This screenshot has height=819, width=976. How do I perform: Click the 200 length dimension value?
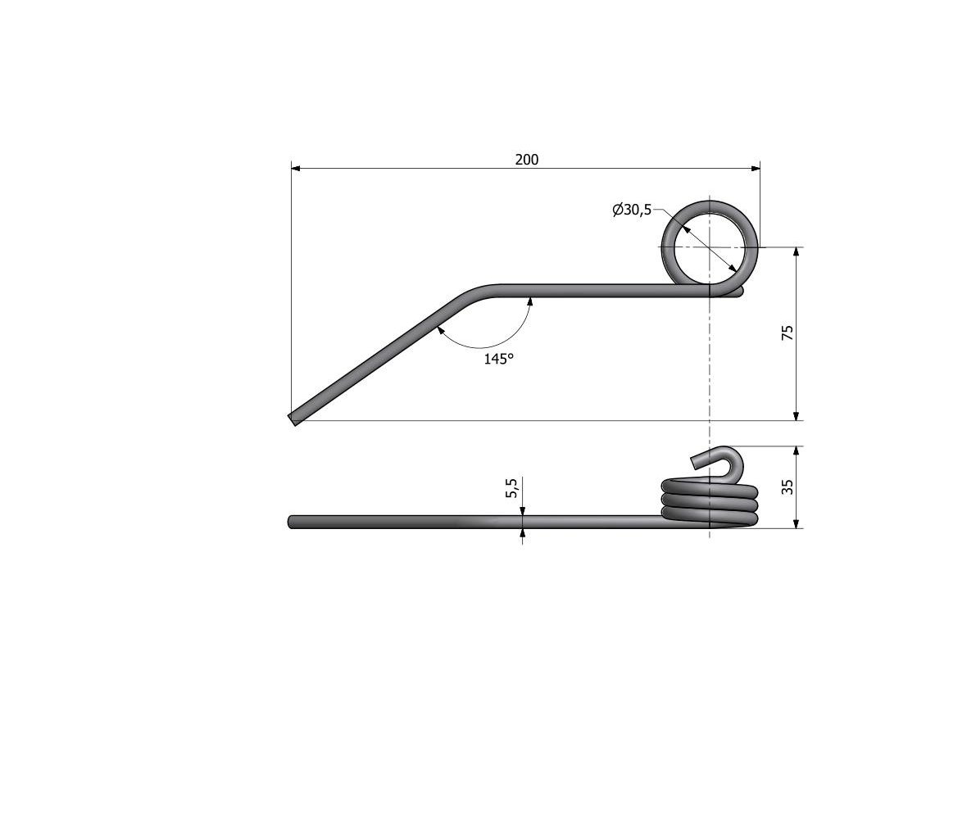[527, 160]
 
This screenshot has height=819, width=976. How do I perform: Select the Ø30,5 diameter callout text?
[631, 210]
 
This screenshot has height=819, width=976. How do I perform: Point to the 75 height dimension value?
[788, 333]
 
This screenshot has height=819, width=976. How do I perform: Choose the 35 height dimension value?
[788, 487]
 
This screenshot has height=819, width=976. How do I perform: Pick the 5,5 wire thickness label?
[512, 489]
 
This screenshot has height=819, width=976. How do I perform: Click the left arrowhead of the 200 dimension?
[297, 168]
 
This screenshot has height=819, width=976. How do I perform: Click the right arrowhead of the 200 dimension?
[755, 168]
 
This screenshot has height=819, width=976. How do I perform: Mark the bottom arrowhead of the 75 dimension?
[797, 415]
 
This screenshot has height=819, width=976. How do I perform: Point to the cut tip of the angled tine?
[294, 419]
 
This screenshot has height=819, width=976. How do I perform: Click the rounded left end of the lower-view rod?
[292, 522]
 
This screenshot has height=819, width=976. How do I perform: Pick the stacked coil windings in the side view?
[710, 501]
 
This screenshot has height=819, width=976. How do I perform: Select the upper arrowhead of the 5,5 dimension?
[523, 510]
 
